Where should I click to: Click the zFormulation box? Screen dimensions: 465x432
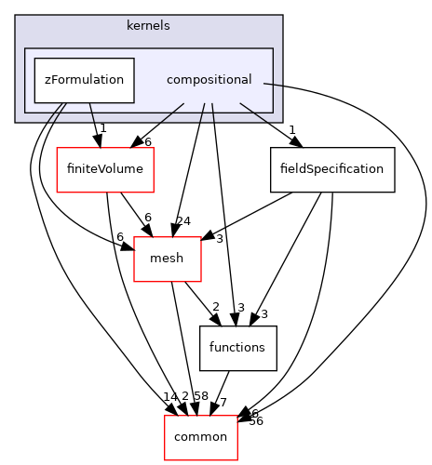(85, 80)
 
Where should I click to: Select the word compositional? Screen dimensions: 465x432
(209, 80)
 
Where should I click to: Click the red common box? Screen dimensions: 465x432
(201, 437)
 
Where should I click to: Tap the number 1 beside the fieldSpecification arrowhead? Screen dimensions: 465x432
(291, 129)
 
